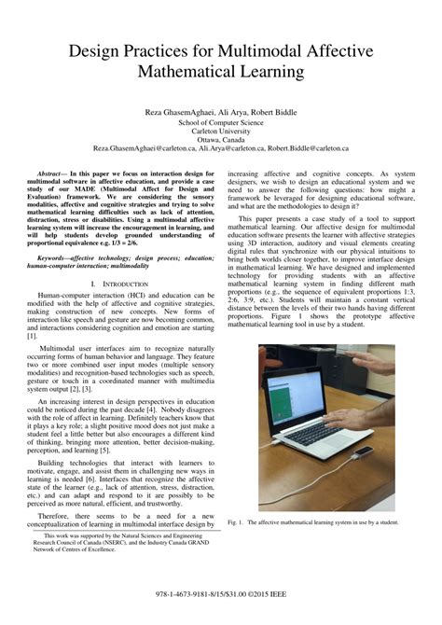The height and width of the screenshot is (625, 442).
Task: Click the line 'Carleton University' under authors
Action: click(x=221, y=131)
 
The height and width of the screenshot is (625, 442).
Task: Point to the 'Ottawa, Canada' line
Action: click(x=221, y=139)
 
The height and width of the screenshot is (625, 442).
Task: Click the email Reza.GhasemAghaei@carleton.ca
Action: click(x=147, y=148)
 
